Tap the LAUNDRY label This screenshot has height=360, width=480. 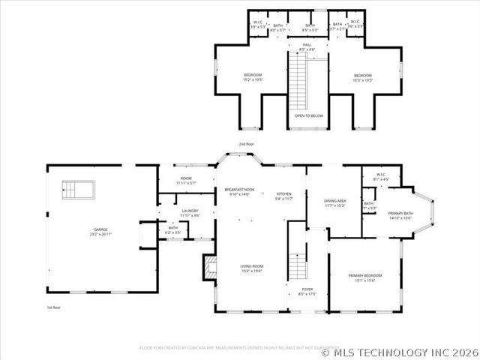[x=190, y=211]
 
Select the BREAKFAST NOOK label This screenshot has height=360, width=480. [x=239, y=190]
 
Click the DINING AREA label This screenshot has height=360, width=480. [x=334, y=201]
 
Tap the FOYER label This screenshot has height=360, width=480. [x=307, y=289]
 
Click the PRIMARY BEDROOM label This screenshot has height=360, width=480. [x=366, y=277]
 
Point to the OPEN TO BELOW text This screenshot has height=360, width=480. [x=309, y=116]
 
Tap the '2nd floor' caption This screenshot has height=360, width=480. [x=247, y=143]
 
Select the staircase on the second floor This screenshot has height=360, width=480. [x=299, y=79]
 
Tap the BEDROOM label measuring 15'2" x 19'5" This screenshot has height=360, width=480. [x=253, y=76]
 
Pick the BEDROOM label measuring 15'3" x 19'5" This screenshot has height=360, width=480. [x=363, y=76]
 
